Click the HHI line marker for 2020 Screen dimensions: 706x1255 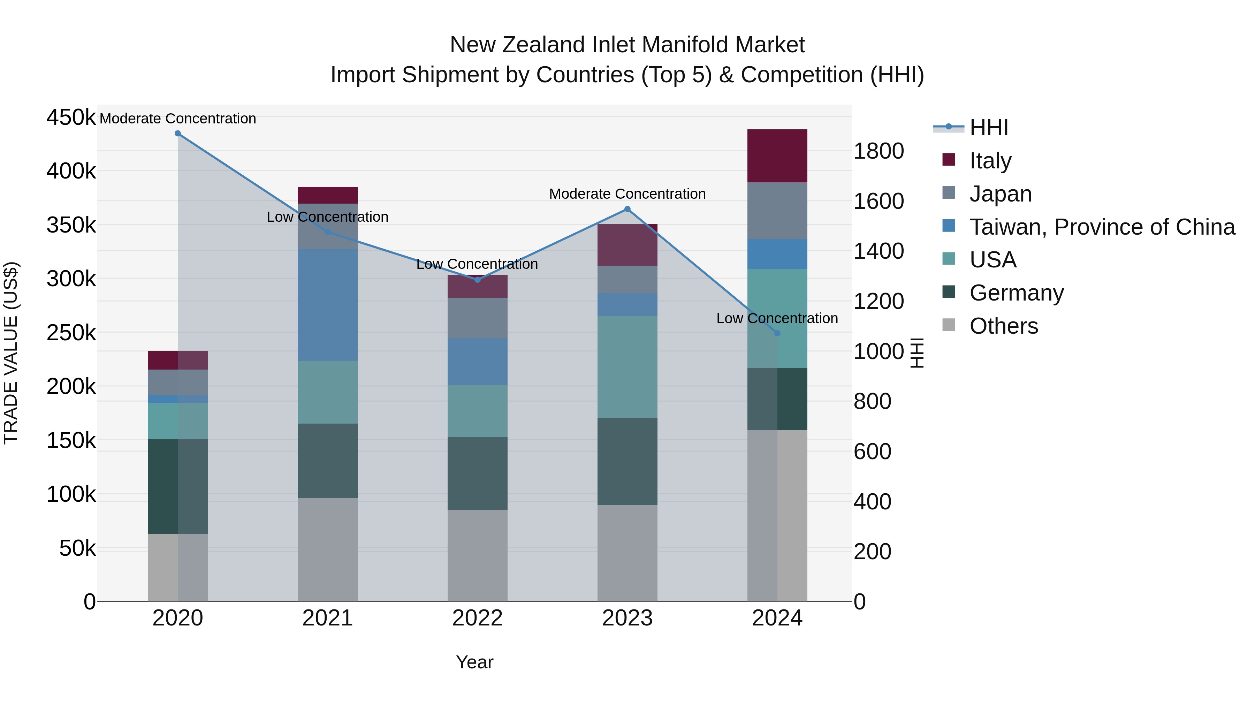(x=178, y=134)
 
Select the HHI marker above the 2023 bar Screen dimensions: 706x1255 (x=627, y=209)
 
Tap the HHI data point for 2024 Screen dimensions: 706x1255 (x=777, y=333)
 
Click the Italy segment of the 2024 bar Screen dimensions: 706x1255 (x=777, y=156)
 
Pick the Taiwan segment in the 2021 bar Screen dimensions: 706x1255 (x=327, y=304)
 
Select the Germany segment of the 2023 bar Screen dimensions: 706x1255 (x=627, y=461)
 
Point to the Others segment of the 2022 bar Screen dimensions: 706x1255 (x=478, y=555)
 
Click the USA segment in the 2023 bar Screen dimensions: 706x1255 (x=627, y=366)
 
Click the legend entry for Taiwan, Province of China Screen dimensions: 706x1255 (x=1102, y=227)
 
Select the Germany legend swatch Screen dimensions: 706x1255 (x=949, y=293)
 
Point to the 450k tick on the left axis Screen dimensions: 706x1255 (x=71, y=117)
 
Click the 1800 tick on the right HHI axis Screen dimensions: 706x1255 (x=878, y=151)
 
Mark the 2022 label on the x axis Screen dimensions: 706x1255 (x=478, y=618)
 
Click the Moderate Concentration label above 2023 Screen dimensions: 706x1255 (x=627, y=194)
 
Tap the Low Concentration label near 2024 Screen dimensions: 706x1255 (x=777, y=319)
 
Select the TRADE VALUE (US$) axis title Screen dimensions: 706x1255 (x=11, y=353)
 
